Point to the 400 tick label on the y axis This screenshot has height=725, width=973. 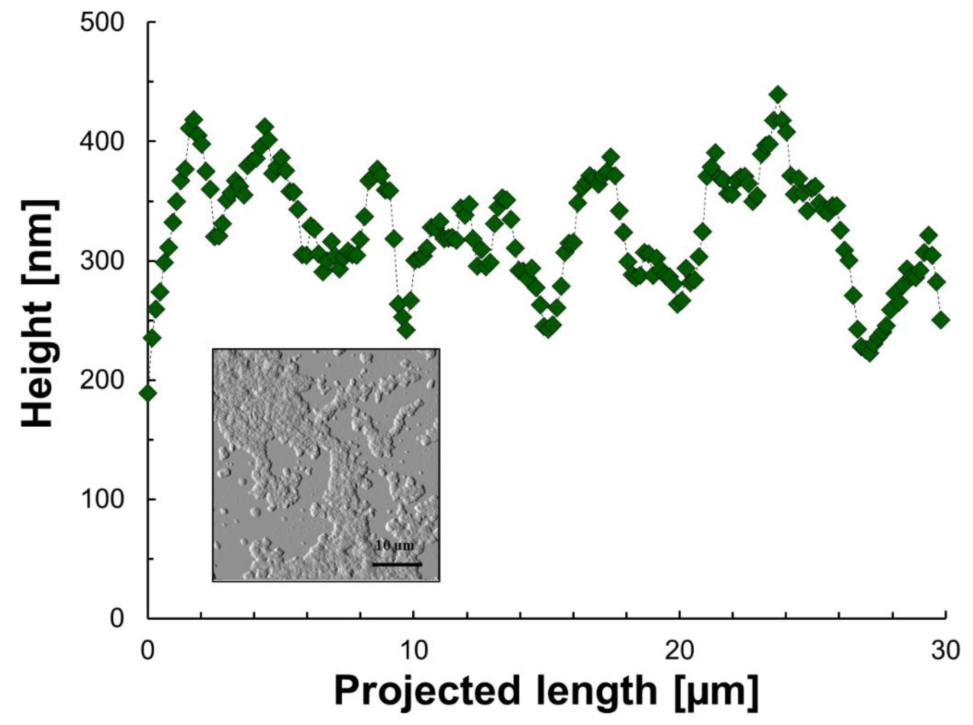102,142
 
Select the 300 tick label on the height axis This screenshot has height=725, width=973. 102,262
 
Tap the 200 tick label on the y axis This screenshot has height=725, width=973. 102,380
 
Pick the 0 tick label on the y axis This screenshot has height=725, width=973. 117,618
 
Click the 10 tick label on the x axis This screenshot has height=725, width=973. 414,650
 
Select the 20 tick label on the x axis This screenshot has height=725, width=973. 680,650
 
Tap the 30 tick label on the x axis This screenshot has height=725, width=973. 945,650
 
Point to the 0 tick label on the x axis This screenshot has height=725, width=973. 148,650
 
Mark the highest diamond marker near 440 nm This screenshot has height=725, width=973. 778,95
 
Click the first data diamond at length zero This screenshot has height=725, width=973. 148,393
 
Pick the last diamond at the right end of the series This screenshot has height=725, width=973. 941,320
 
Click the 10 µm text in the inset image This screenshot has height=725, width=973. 394,545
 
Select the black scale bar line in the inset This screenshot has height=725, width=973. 397,564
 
